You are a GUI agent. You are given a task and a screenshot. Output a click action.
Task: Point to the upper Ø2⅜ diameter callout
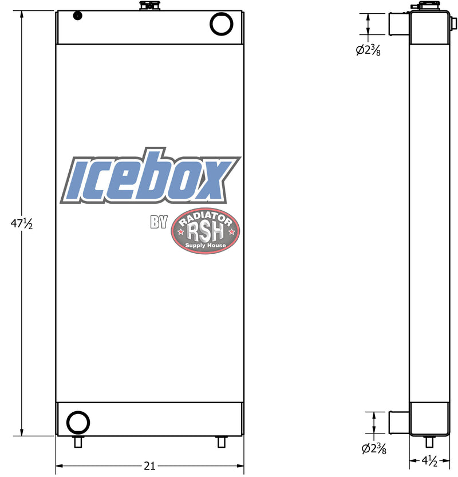(x=368, y=50)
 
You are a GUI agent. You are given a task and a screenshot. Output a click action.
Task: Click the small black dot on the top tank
(x=77, y=16)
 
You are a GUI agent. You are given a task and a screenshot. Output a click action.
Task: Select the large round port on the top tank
(x=222, y=24)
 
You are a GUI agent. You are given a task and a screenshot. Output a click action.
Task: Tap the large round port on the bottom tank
(x=78, y=423)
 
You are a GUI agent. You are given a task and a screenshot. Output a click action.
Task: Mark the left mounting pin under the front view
(x=78, y=441)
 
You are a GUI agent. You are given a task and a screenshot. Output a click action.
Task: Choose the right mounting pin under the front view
(x=221, y=441)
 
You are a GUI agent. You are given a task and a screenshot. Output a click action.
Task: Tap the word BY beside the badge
(x=159, y=223)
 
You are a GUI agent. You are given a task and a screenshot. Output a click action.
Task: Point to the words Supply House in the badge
(x=206, y=246)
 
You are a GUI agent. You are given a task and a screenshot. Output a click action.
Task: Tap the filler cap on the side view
(x=424, y=6)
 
